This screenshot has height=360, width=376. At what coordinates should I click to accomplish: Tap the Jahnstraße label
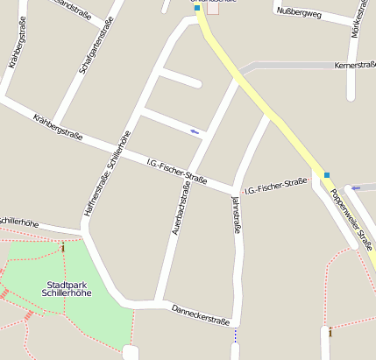pyautogui.click(x=236, y=215)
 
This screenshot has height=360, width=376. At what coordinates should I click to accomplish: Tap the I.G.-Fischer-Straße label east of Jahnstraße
pyautogui.click(x=275, y=187)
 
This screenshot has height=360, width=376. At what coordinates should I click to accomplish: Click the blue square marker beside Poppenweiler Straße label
pyautogui.click(x=327, y=175)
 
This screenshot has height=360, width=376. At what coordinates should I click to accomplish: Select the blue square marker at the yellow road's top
pyautogui.click(x=197, y=7)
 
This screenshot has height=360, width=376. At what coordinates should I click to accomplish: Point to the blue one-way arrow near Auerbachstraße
pyautogui.click(x=194, y=131)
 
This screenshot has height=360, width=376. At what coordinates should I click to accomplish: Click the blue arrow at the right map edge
pyautogui.click(x=356, y=187)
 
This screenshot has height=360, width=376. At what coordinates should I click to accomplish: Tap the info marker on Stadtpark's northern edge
pyautogui.click(x=63, y=248)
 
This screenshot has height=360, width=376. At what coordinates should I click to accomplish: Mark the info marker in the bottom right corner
pyautogui.click(x=330, y=333)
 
